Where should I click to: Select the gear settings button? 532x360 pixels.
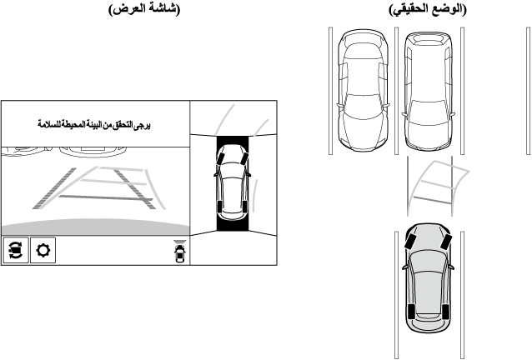click(x=42, y=250)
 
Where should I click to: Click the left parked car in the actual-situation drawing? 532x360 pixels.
click(x=362, y=92)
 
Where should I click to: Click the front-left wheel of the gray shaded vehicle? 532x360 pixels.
click(x=411, y=242)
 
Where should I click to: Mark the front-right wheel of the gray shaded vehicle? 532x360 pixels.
click(x=446, y=242)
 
